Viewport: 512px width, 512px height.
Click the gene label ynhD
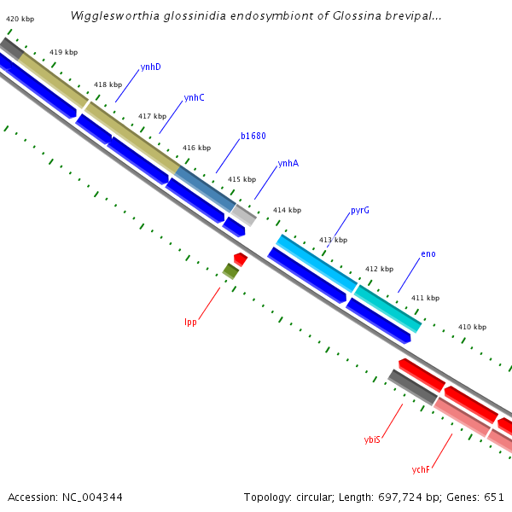(x=150, y=67)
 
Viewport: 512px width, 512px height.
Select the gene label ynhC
(x=194, y=97)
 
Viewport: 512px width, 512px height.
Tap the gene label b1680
(x=253, y=136)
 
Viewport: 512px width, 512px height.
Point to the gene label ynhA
(x=288, y=164)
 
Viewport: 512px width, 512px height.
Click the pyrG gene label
(x=359, y=210)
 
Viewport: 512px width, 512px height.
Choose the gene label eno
(x=428, y=254)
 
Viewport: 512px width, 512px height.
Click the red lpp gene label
(x=190, y=322)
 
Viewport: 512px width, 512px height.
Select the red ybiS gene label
(x=372, y=439)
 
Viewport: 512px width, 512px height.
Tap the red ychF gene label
(x=421, y=469)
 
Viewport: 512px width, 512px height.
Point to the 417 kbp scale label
(x=152, y=116)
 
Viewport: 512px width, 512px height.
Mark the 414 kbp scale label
(x=287, y=210)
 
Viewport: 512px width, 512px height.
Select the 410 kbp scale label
(x=472, y=327)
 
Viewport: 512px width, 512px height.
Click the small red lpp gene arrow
(x=241, y=259)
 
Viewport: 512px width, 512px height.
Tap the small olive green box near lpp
(x=230, y=271)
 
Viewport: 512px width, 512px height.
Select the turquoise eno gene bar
(x=388, y=309)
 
